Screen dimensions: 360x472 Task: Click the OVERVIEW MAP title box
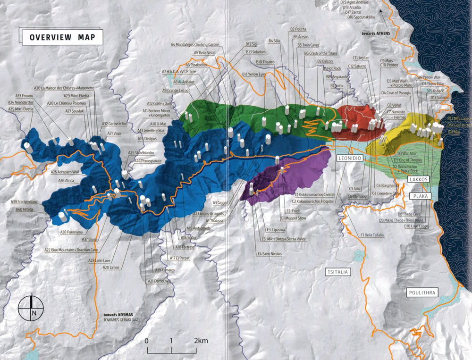tap(61, 37)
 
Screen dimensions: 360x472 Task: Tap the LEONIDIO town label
tap(350, 159)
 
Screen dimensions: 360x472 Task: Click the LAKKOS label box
tap(419, 180)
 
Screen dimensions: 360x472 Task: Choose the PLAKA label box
tap(418, 196)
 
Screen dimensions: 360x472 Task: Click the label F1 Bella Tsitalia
tap(373, 235)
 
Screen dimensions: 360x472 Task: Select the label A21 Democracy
tap(159, 281)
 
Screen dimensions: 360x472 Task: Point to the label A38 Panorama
tap(71, 232)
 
